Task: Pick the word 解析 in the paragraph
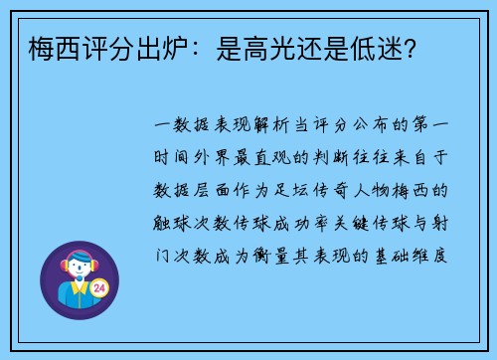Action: point(261,126)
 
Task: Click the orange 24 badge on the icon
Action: point(98,288)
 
